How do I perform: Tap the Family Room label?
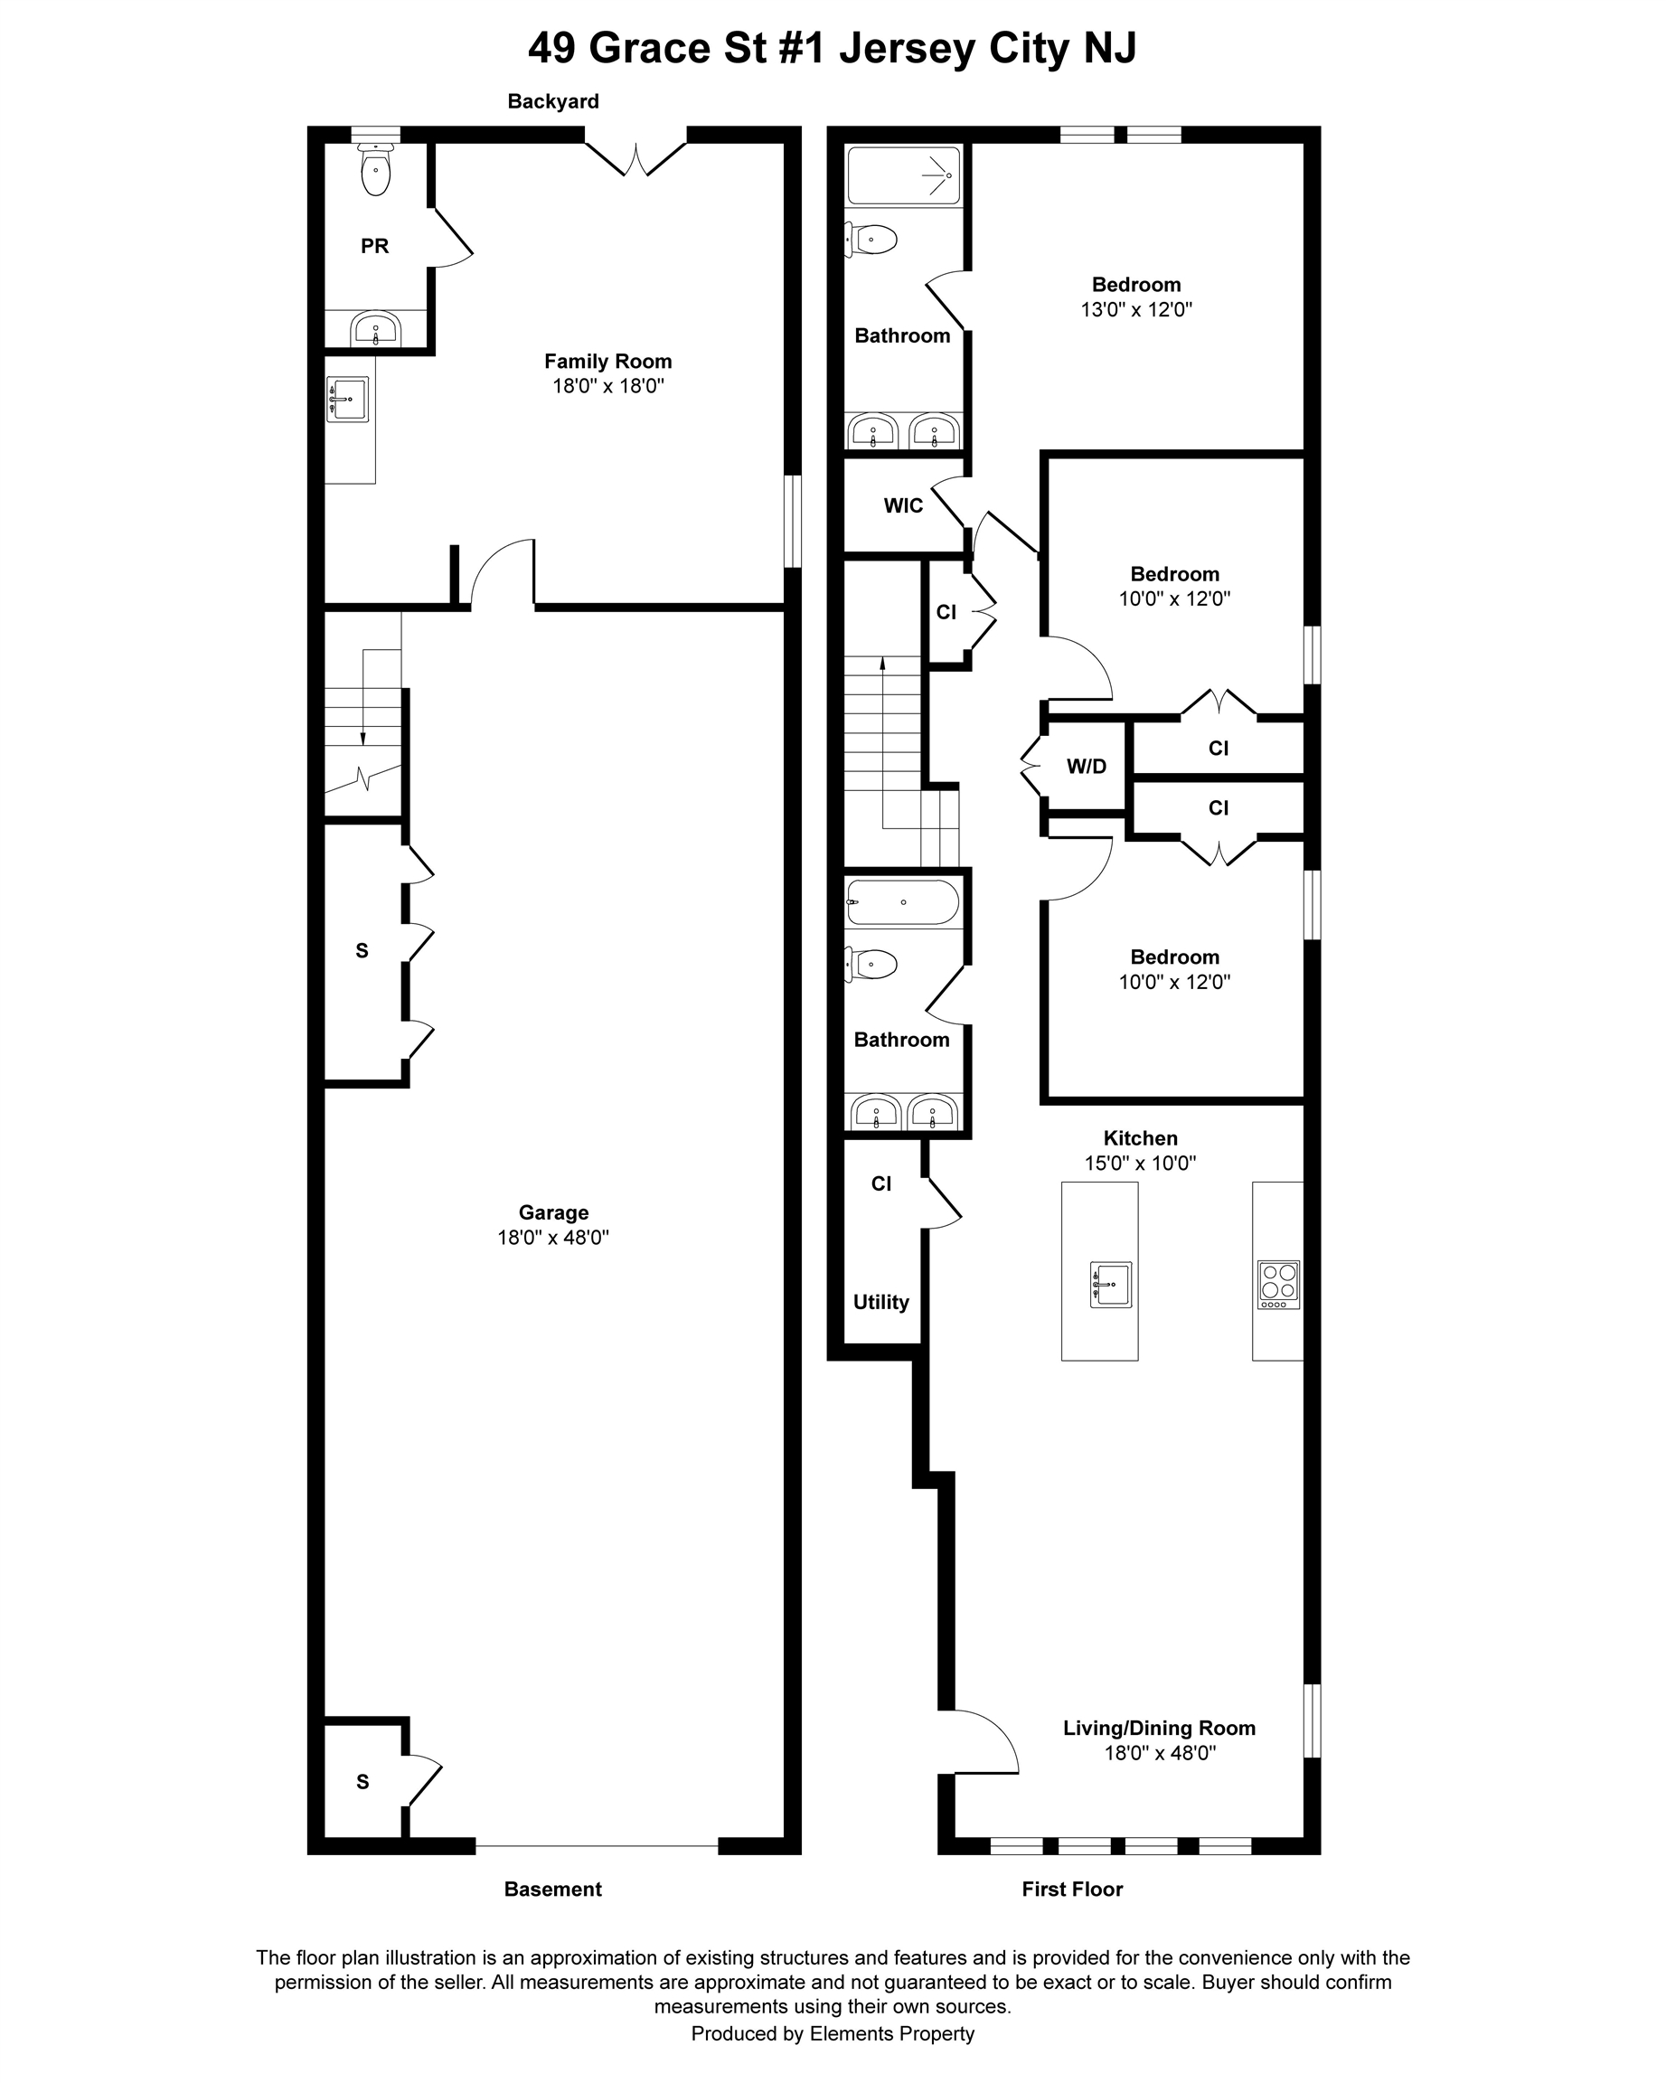click(x=607, y=362)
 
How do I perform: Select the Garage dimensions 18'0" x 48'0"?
click(x=552, y=1238)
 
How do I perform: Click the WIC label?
click(x=903, y=505)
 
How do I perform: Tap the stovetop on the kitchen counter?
click(x=1279, y=1284)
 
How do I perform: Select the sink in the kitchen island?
click(x=1111, y=1284)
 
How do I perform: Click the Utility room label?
click(x=880, y=1303)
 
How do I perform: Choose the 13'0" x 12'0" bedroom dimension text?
click(x=1135, y=310)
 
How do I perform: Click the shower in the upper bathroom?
click(x=904, y=175)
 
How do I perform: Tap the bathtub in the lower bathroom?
click(x=902, y=902)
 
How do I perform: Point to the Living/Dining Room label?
click(x=1159, y=1729)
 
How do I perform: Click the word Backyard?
click(x=553, y=101)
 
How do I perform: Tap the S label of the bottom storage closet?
click(x=362, y=1782)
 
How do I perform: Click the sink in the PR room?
click(x=376, y=329)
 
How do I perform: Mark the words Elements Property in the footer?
click(x=891, y=2033)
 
